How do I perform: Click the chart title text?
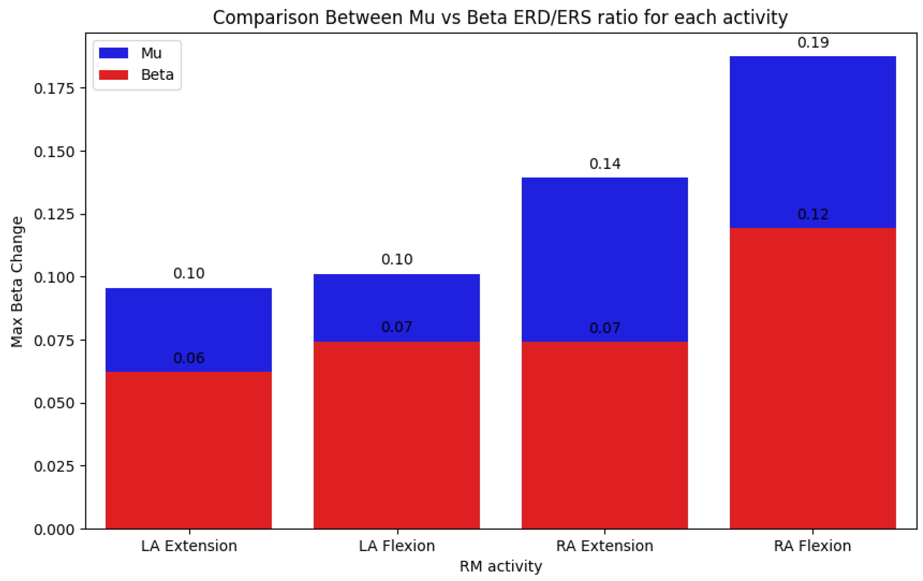coord(500,18)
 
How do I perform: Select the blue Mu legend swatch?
coord(113,53)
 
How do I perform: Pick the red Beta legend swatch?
coord(113,75)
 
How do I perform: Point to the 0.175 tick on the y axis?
coord(54,89)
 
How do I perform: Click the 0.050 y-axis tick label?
coord(54,403)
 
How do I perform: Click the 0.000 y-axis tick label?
coord(54,530)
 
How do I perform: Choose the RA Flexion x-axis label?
coord(813,546)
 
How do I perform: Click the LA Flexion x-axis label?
coord(397,546)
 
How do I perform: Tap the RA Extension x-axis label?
coord(605,546)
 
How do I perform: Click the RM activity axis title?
coord(501,566)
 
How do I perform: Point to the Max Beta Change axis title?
coord(17,282)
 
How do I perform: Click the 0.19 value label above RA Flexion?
coord(813,43)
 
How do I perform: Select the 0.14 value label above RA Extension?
coord(605,164)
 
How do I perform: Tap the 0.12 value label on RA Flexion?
coord(813,214)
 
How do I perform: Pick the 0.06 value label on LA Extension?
coord(189,358)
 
